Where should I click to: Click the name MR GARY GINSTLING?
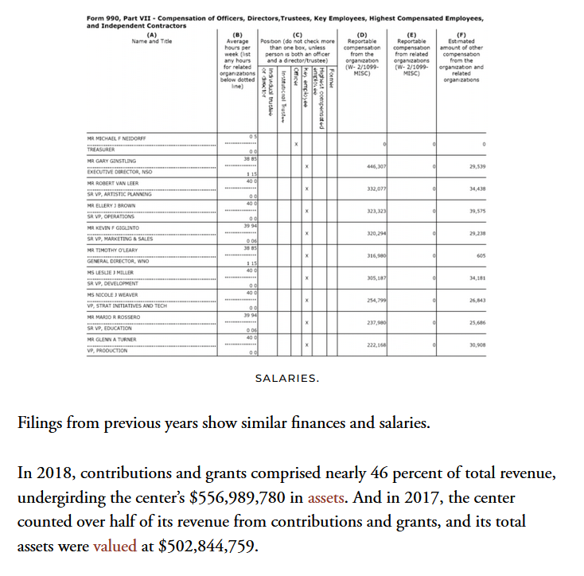[111, 161]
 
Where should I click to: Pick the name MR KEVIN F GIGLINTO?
[113, 228]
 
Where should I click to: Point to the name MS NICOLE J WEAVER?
[112, 294]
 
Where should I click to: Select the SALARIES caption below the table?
[287, 378]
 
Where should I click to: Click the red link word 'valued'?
[115, 547]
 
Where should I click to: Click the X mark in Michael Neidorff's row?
[295, 144]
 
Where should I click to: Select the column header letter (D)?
[362, 34]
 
